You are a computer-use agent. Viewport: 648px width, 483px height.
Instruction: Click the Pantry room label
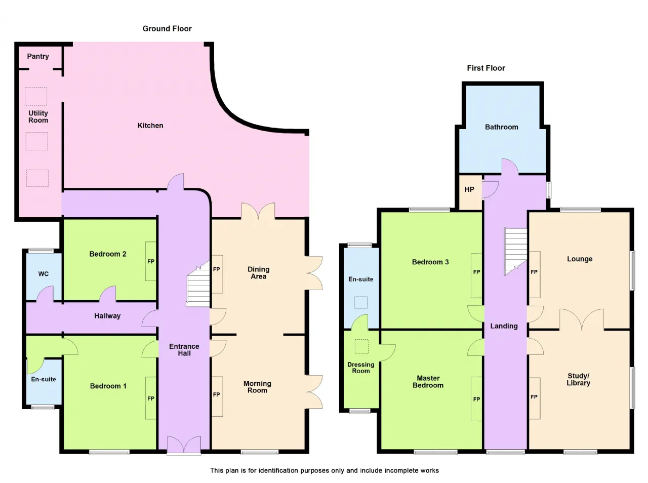click(38, 56)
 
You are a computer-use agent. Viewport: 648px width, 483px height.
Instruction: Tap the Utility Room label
click(38, 116)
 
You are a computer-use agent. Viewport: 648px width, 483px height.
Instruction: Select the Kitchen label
click(150, 126)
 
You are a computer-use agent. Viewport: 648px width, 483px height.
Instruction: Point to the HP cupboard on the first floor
click(470, 192)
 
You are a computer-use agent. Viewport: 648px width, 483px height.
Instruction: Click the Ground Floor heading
click(167, 29)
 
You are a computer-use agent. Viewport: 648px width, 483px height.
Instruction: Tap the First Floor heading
click(486, 68)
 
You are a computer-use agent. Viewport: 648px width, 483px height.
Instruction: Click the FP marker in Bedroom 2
click(151, 262)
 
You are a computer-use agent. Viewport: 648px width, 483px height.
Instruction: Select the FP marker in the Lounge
click(534, 272)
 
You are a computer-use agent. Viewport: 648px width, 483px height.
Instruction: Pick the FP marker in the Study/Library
click(534, 397)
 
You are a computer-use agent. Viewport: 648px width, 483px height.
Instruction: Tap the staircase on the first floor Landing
click(516, 251)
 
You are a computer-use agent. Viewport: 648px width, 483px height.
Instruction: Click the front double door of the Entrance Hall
click(184, 445)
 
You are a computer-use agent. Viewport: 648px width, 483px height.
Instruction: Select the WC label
click(44, 274)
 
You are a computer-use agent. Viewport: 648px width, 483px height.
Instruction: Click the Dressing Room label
click(361, 368)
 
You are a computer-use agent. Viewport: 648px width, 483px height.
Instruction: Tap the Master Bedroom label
click(428, 382)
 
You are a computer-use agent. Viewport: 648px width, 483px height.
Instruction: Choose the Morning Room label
click(257, 387)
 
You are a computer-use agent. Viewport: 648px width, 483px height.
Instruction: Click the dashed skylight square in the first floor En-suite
click(361, 302)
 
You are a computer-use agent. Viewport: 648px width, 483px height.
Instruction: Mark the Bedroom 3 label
click(430, 262)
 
